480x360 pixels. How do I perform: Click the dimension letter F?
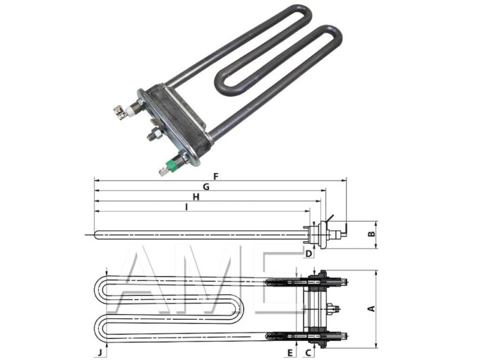tap(216, 175)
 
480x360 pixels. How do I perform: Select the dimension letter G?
tap(207, 186)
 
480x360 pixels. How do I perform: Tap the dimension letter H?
tap(196, 197)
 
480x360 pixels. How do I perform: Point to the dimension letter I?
tap(186, 208)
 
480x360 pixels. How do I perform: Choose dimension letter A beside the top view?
tap(371, 308)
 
